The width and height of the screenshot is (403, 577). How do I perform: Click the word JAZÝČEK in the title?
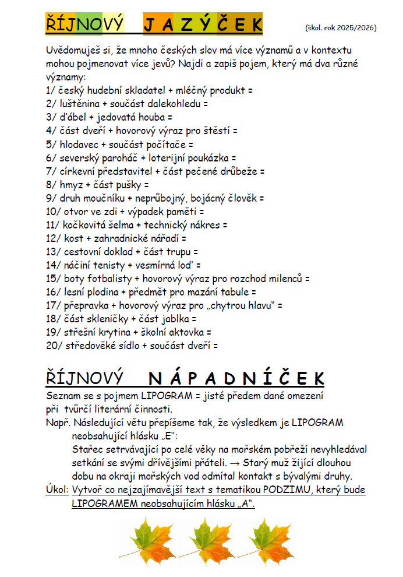click(x=203, y=24)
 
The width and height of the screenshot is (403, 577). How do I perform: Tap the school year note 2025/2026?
click(x=341, y=27)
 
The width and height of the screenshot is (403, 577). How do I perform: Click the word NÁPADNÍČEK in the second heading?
click(x=236, y=379)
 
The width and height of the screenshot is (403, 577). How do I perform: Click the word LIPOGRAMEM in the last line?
click(x=104, y=504)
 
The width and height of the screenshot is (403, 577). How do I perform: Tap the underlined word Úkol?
click(x=57, y=490)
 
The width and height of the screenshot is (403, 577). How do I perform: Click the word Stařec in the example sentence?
click(x=87, y=449)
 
